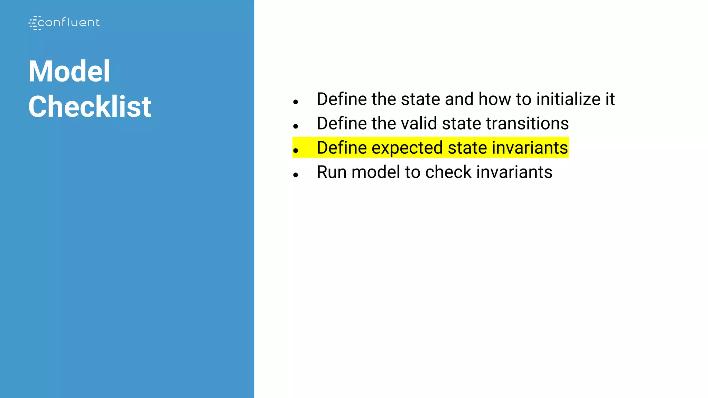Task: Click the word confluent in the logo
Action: pyautogui.click(x=68, y=23)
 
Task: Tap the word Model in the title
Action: pyautogui.click(x=69, y=71)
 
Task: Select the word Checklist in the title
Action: pyautogui.click(x=90, y=107)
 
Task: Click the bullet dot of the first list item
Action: pyautogui.click(x=295, y=102)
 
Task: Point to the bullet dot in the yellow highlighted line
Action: pyautogui.click(x=295, y=151)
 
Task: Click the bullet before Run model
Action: pyautogui.click(x=295, y=175)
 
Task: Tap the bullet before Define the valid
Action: pyautogui.click(x=295, y=126)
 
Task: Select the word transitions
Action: pyautogui.click(x=527, y=124)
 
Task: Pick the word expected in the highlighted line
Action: pyautogui.click(x=407, y=148)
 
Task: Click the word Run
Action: pyautogui.click(x=332, y=172)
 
